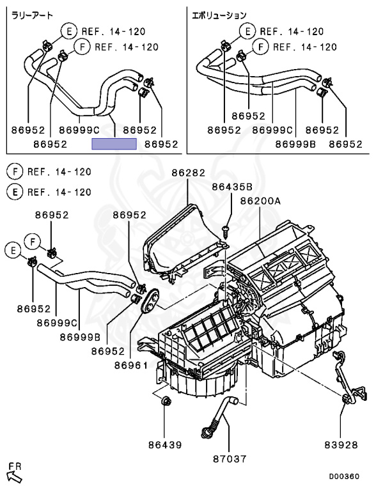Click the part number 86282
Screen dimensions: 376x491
tap(188, 173)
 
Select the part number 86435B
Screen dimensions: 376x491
tap(232, 187)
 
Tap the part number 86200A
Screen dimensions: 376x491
tap(260, 201)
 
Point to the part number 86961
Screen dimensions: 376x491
tap(130, 366)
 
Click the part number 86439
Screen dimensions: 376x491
tap(165, 445)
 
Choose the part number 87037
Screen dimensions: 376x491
tap(230, 459)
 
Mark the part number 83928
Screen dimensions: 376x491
tap(341, 445)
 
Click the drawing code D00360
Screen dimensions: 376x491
tap(344, 476)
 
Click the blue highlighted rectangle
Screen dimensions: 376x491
tap(114, 144)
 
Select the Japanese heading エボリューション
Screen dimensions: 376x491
tap(219, 15)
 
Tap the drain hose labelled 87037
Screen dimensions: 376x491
tap(219, 416)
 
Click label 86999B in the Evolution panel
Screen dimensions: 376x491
tap(295, 144)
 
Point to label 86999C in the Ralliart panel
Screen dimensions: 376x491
tap(79, 130)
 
